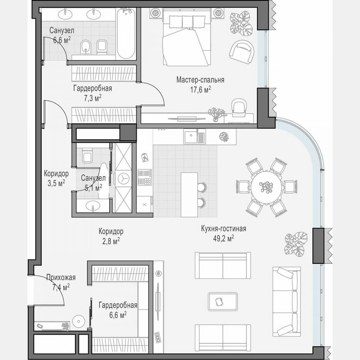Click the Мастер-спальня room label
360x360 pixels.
200,80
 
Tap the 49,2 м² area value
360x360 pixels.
223,238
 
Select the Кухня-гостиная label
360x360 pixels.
223,229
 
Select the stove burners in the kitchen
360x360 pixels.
144,177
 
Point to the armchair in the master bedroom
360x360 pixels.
242,52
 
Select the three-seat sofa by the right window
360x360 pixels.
286,302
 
